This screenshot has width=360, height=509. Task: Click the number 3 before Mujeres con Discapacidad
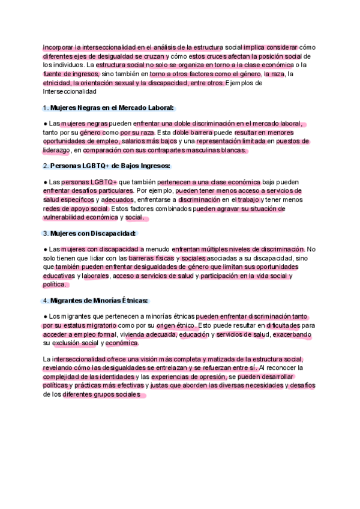(x=46, y=233)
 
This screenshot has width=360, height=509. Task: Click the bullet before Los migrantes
(x=46, y=315)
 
